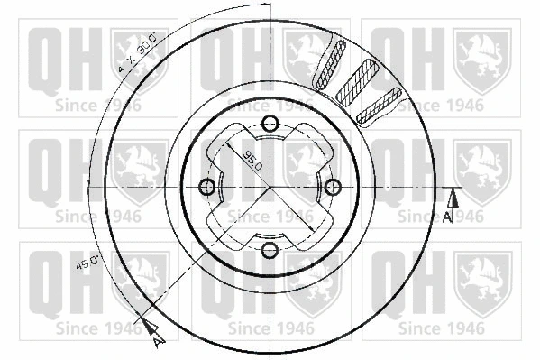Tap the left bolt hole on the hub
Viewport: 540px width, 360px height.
pyautogui.click(x=206, y=187)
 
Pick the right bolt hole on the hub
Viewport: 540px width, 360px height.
pyautogui.click(x=333, y=187)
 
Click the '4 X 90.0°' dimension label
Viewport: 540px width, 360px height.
pyautogui.click(x=138, y=52)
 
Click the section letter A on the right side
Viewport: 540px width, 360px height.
pyautogui.click(x=448, y=217)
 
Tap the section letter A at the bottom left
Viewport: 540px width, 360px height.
pyautogui.click(x=157, y=342)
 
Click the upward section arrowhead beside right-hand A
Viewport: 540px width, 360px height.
pyautogui.click(x=453, y=198)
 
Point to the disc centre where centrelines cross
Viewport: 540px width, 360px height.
pyautogui.click(x=270, y=187)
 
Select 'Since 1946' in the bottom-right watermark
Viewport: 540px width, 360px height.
pyautogui.click(x=441, y=326)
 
